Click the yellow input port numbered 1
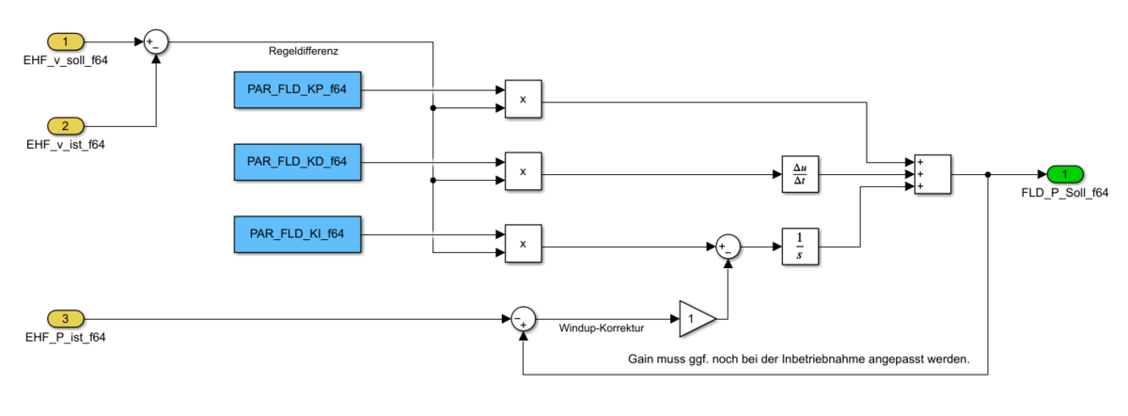(x=66, y=42)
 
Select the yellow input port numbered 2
(x=66, y=125)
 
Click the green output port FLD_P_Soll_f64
(x=1065, y=174)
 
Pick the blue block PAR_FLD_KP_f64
(x=297, y=90)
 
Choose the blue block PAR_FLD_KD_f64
(x=297, y=162)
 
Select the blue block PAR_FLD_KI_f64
(x=297, y=232)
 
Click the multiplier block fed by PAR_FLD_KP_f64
(x=523, y=99)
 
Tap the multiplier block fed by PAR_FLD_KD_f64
(x=523, y=171)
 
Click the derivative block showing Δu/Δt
(x=800, y=174)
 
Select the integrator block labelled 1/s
(x=800, y=248)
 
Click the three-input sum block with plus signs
(x=927, y=174)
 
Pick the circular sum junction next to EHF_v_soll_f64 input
(x=156, y=42)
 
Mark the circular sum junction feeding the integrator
(x=727, y=248)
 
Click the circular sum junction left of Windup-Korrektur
(x=523, y=318)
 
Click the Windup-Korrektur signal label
(x=602, y=330)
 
